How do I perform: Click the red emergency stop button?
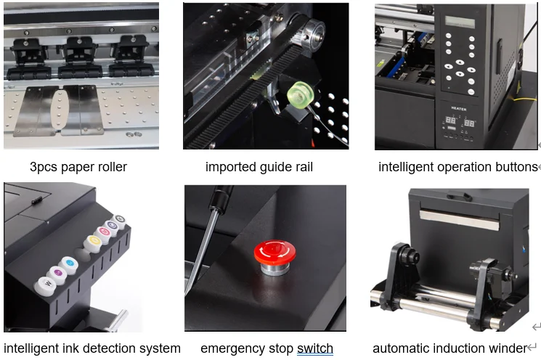tap(274, 253)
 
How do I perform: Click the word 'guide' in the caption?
tap(273, 167)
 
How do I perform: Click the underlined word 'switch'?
tap(315, 348)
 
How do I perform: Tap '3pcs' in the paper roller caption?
tap(45, 167)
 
